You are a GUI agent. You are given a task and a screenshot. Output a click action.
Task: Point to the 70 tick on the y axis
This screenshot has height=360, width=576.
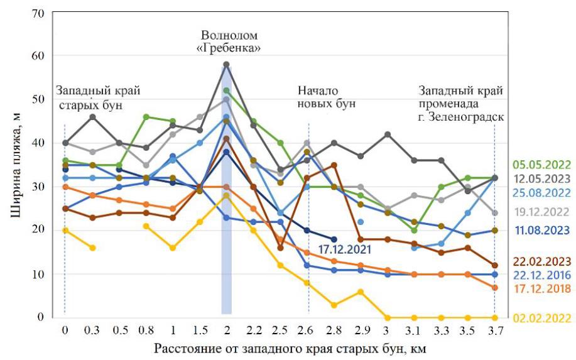(39, 13)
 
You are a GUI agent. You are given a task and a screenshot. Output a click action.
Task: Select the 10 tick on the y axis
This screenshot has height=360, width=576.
(39, 274)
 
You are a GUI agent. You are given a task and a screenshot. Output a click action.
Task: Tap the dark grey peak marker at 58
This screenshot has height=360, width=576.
(226, 65)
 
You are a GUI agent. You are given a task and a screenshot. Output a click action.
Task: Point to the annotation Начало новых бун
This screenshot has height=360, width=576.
(327, 96)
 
